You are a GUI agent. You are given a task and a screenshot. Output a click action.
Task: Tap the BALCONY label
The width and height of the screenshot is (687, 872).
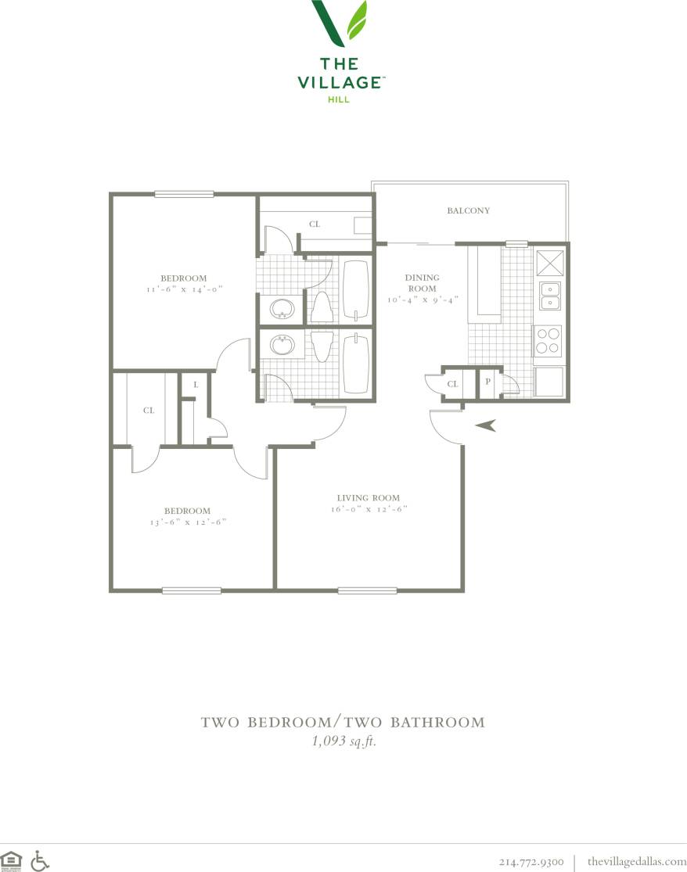pyautogui.click(x=468, y=210)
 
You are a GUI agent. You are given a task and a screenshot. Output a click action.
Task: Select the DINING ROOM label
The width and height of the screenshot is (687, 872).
pyautogui.click(x=422, y=283)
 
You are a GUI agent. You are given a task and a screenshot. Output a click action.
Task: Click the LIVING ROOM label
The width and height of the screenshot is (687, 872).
pyautogui.click(x=368, y=498)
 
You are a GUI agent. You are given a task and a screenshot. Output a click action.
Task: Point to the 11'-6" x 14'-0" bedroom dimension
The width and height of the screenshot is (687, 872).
pyautogui.click(x=184, y=289)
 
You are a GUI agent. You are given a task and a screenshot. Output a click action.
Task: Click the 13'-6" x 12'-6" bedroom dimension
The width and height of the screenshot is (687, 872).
pyautogui.click(x=185, y=522)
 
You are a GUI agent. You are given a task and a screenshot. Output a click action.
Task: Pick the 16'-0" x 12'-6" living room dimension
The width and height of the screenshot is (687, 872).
pyautogui.click(x=368, y=509)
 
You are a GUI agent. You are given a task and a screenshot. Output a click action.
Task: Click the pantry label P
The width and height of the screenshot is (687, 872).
pyautogui.click(x=487, y=382)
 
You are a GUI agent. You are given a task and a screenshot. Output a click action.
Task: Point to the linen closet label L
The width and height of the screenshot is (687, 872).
pyautogui.click(x=195, y=385)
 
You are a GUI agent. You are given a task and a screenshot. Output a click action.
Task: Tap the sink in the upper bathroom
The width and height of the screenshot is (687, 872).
pyautogui.click(x=281, y=309)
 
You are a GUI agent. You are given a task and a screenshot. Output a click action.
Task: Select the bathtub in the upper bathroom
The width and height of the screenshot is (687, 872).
pyautogui.click(x=355, y=290)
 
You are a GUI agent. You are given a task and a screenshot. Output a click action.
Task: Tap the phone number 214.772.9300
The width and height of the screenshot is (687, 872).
pyautogui.click(x=531, y=862)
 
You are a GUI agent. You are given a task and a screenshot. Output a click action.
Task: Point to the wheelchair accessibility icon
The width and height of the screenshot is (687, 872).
pyautogui.click(x=39, y=861)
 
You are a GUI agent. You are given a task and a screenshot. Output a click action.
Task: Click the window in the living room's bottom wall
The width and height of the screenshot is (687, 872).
pyautogui.click(x=356, y=590)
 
